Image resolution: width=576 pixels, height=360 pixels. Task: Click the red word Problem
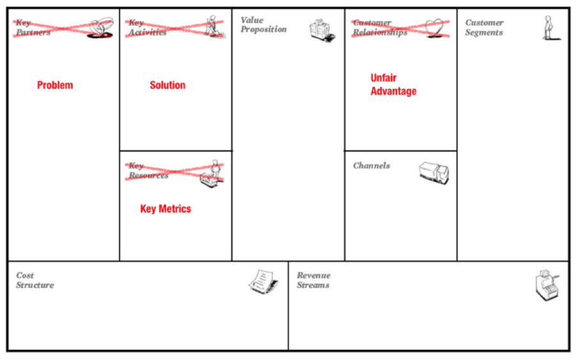click(x=55, y=86)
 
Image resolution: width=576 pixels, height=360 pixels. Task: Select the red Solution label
click(x=167, y=86)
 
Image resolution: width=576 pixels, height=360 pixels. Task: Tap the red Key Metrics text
click(x=165, y=209)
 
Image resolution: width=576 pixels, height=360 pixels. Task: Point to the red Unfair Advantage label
click(x=393, y=85)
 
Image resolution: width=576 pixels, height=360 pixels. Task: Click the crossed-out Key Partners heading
click(x=31, y=27)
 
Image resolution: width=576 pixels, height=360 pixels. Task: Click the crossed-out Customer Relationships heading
click(x=379, y=27)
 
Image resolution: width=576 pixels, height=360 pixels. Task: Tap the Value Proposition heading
click(x=263, y=25)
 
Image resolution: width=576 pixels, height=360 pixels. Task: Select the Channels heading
click(x=371, y=166)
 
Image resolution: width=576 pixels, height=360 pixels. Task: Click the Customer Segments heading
click(x=484, y=27)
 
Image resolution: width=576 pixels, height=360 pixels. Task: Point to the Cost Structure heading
click(x=35, y=280)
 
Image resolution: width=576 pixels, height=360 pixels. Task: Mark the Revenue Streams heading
click(x=314, y=280)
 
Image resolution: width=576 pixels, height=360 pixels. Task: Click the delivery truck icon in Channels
click(x=434, y=172)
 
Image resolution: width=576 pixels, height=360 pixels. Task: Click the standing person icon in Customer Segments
click(x=548, y=29)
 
